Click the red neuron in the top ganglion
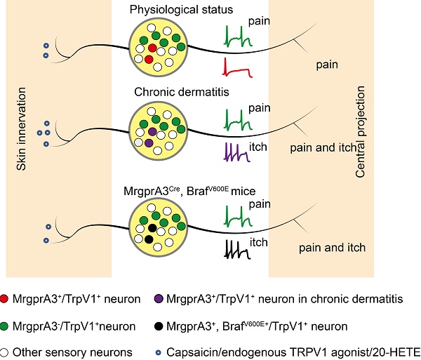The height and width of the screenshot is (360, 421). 152,48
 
